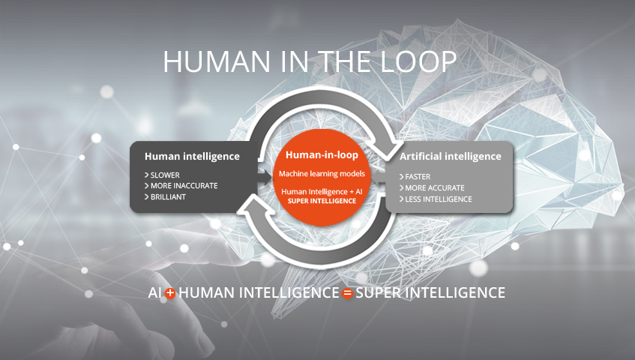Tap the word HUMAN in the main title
click(217, 61)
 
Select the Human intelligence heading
click(192, 156)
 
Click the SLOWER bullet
click(162, 175)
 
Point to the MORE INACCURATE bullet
click(181, 186)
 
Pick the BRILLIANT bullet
click(165, 197)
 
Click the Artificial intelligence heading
click(451, 156)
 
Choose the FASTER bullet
click(415, 177)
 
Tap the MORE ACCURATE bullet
click(432, 188)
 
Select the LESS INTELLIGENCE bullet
click(436, 199)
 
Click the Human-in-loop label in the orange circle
click(322, 154)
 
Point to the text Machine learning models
click(322, 174)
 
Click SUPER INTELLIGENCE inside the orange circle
click(322, 201)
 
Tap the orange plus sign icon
click(170, 293)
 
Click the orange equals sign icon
click(347, 293)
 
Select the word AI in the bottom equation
click(155, 292)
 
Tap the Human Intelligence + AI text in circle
click(322, 191)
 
